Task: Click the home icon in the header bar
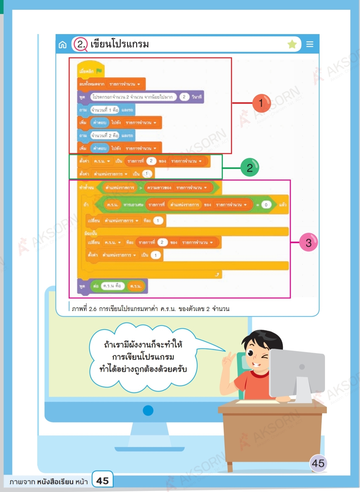[63, 45]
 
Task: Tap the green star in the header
[292, 44]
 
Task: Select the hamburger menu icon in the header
[310, 44]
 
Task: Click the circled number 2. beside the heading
[81, 44]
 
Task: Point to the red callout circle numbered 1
[261, 103]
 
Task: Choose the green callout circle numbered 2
[250, 168]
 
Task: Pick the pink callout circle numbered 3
[308, 243]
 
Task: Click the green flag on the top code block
[99, 71]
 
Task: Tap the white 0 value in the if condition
[266, 205]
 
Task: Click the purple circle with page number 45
[318, 463]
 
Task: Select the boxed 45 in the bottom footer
[102, 480]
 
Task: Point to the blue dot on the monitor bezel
[148, 410]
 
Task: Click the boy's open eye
[251, 353]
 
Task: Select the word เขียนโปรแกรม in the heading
[120, 44]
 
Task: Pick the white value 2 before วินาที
[184, 97]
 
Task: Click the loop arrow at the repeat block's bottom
[217, 274]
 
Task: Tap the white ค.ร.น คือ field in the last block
[112, 286]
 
